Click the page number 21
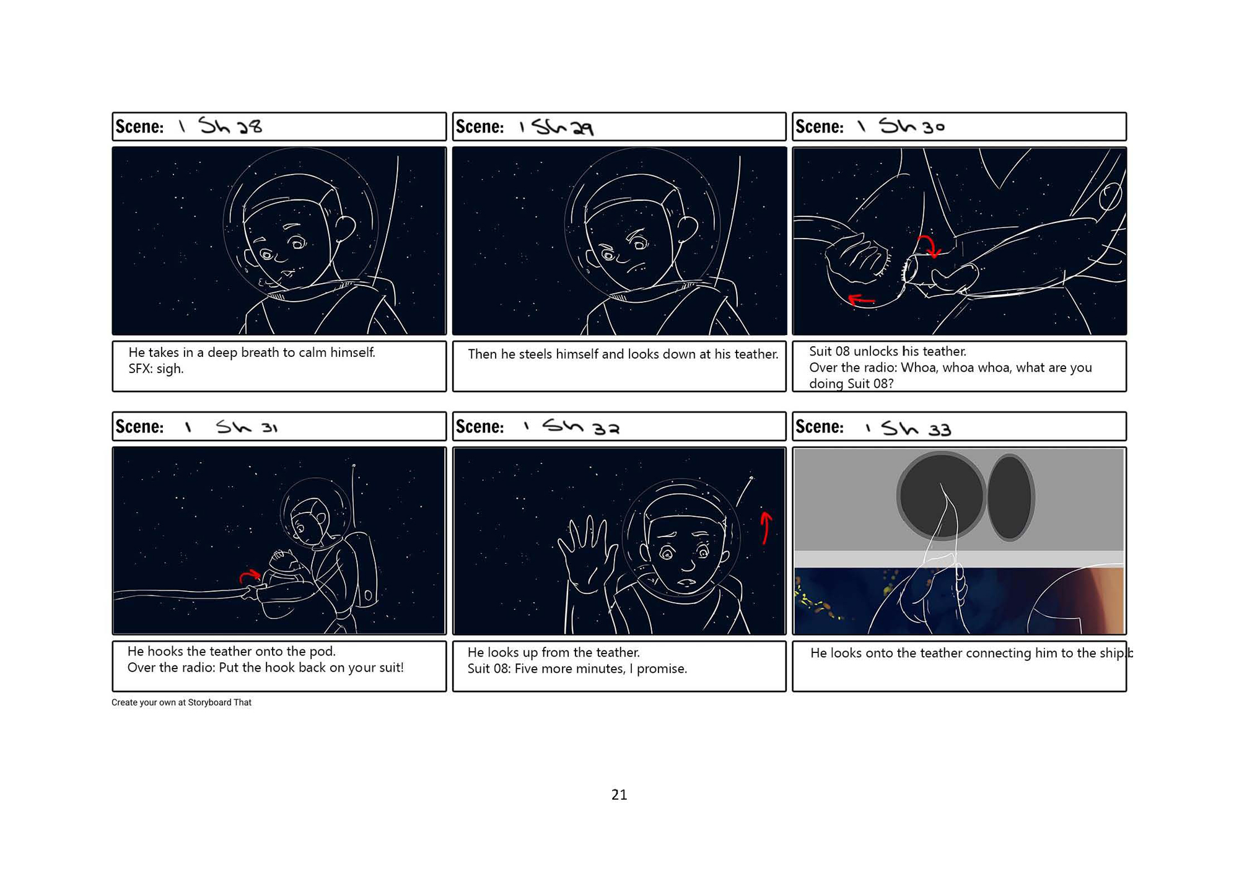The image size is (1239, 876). point(619,794)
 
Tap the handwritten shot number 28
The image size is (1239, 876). point(250,127)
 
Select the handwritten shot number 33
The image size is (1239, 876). point(939,429)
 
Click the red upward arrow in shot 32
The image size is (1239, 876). point(766,527)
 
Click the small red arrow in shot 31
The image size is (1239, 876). point(249,576)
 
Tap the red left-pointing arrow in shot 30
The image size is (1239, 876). point(860,300)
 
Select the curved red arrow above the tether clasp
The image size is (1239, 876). point(929,245)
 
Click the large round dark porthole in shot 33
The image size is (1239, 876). point(940,496)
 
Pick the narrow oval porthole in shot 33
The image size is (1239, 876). point(1010,497)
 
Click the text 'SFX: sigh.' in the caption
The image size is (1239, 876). point(156,369)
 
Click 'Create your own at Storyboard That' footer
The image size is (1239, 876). point(182,702)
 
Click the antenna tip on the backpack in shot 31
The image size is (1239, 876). point(354,465)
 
